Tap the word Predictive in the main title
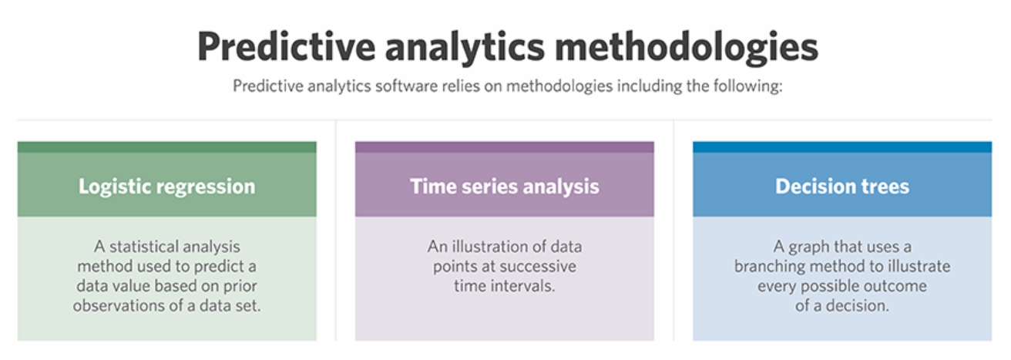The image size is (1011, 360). [286, 46]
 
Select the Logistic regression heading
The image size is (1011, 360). [167, 187]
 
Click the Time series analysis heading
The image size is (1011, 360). [505, 187]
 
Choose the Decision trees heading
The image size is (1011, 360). [842, 186]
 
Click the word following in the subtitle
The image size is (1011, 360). [748, 86]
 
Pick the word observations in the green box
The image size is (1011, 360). [119, 306]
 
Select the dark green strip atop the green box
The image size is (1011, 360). [167, 146]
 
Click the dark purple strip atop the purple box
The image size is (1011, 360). [505, 146]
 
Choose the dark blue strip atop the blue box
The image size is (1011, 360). [842, 146]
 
